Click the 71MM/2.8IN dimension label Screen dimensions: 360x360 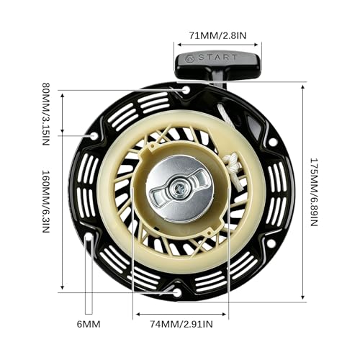pos(217,35)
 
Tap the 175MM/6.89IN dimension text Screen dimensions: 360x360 pos(314,192)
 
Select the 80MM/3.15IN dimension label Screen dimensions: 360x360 pos(46,114)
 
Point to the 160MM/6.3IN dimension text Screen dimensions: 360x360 pos(46,202)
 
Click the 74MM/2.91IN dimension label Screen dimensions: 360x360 pos(181,324)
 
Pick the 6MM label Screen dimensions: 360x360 pos(89,324)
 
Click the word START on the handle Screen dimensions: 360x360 pos(218,58)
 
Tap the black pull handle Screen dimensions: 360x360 pos(217,66)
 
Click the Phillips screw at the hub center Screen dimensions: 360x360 pos(179,188)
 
